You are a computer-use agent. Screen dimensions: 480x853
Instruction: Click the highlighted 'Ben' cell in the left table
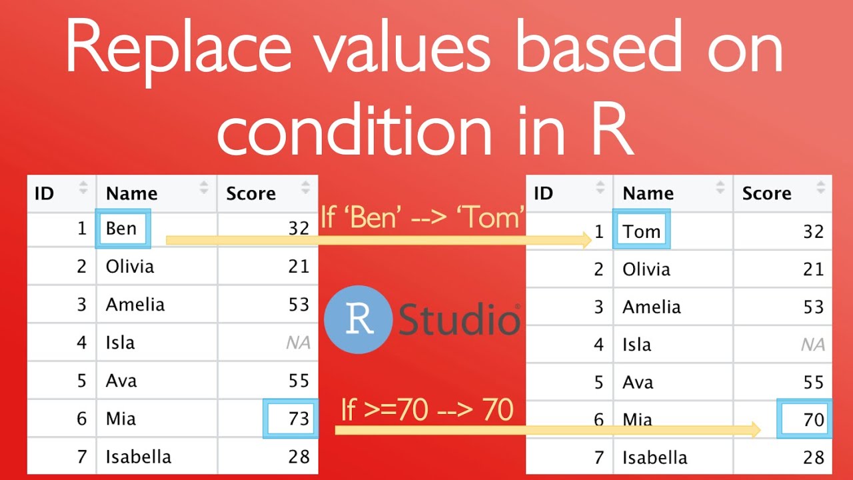pyautogui.click(x=123, y=229)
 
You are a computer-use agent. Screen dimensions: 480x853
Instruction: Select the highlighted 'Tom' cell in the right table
pyautogui.click(x=642, y=231)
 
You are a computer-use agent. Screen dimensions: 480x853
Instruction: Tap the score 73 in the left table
pyautogui.click(x=291, y=419)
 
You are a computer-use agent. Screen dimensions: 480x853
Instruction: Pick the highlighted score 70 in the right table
pyautogui.click(x=805, y=419)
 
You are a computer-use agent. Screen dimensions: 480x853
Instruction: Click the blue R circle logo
pyautogui.click(x=358, y=319)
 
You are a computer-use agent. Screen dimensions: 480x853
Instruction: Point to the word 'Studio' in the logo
pyautogui.click(x=459, y=321)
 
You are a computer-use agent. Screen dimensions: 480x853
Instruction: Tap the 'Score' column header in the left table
pyautogui.click(x=251, y=193)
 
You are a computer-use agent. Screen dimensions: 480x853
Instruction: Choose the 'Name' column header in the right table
pyautogui.click(x=648, y=193)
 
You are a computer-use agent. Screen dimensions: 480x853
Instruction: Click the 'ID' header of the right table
pyautogui.click(x=544, y=193)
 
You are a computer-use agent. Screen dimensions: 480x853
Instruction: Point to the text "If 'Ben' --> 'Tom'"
pyautogui.click(x=423, y=217)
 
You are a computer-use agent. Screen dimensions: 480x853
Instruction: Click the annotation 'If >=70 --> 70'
pyautogui.click(x=427, y=409)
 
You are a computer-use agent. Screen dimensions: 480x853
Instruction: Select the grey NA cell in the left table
pyautogui.click(x=298, y=343)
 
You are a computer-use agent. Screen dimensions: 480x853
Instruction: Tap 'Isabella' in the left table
pyautogui.click(x=139, y=457)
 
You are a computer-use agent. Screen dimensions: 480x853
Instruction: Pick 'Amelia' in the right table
pyautogui.click(x=652, y=307)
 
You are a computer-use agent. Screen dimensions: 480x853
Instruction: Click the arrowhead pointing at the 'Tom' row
pyautogui.click(x=587, y=240)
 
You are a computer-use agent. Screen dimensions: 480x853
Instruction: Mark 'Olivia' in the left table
pyautogui.click(x=130, y=267)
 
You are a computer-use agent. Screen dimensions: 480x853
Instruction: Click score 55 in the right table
pyautogui.click(x=813, y=383)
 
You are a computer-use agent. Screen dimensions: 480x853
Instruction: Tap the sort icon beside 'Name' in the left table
pyautogui.click(x=204, y=189)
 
